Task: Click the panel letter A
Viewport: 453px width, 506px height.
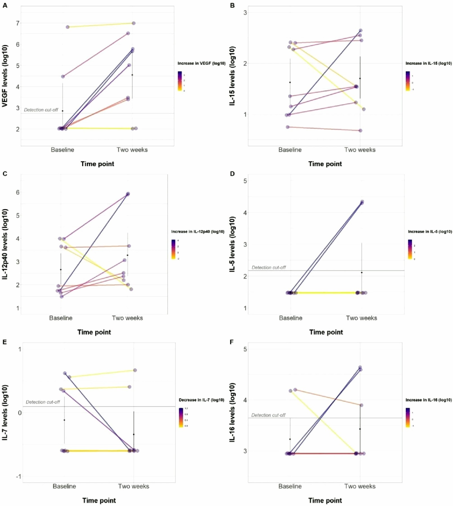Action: (x=5, y=5)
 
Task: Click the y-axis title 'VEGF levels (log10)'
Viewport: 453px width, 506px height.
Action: (x=5, y=76)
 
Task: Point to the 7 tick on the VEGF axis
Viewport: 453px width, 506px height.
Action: (x=18, y=23)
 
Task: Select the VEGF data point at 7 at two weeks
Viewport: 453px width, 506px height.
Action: (x=134, y=23)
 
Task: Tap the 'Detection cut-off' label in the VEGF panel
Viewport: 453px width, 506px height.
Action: (x=41, y=110)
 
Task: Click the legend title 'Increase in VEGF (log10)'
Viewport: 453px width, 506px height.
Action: (x=201, y=63)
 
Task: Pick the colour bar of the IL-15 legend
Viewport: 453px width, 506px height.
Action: (x=407, y=81)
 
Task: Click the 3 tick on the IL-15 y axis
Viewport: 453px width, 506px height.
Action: (x=245, y=13)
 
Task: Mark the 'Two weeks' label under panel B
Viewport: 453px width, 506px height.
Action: (x=360, y=150)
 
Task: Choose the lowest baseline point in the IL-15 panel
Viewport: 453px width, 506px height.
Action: (x=288, y=127)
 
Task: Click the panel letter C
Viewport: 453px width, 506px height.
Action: (x=5, y=173)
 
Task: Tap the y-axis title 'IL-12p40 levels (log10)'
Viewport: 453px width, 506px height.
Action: (x=5, y=244)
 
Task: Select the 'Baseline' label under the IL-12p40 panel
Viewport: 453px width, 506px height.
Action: (x=61, y=318)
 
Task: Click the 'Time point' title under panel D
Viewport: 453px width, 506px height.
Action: (x=326, y=332)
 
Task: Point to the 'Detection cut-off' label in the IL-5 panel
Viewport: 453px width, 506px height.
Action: (x=269, y=268)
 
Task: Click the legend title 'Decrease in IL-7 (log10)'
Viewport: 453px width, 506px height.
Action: (x=201, y=400)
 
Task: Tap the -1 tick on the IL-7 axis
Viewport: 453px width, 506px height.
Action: (x=19, y=476)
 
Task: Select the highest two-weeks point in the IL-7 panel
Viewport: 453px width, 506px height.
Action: (x=135, y=370)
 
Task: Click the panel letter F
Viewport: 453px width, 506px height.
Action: (x=232, y=342)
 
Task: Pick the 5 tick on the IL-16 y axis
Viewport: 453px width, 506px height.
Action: (x=245, y=349)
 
